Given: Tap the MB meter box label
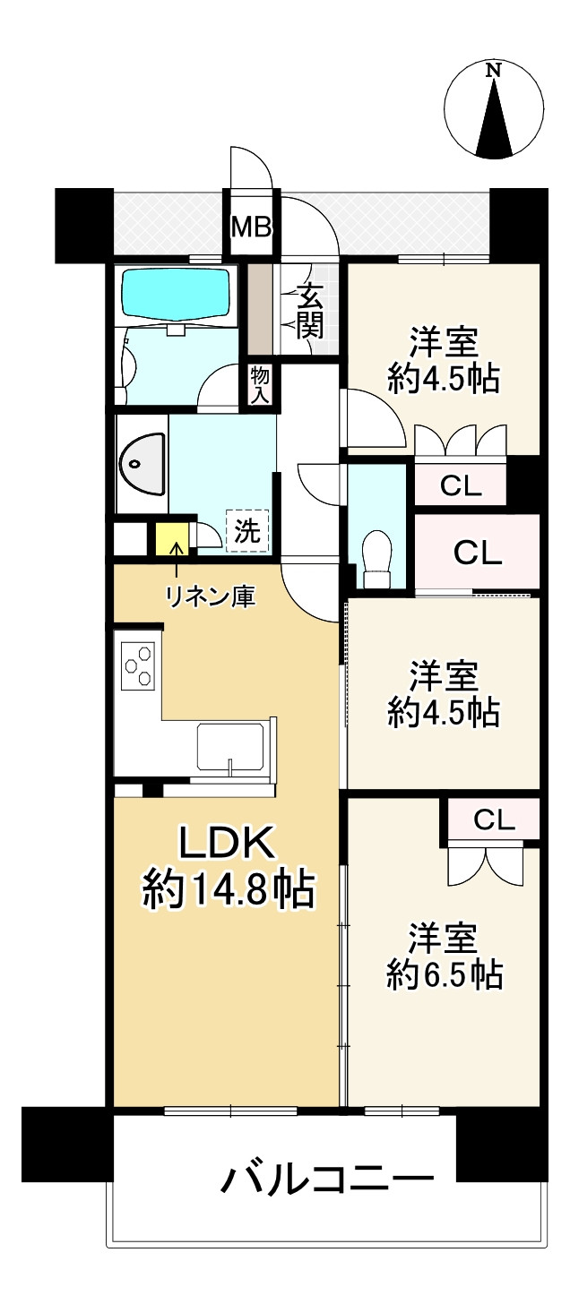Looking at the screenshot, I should pos(252,227).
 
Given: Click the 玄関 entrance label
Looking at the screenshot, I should pos(310,311).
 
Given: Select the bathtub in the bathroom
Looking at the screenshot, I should pos(176,293).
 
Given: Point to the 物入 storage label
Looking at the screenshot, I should pos(260,385).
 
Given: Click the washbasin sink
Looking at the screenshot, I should pos(142,464).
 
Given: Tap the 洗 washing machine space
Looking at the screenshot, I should pos(246,531).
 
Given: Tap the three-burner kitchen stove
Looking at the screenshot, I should pos(138,665).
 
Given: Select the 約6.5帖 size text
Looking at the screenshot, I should pos(443,974).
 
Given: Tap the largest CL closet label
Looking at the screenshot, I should pos(477,553).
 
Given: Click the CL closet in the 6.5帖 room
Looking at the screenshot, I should pos(493,819).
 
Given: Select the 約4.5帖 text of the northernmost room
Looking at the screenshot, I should pos(443,379).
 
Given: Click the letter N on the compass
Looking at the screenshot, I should pos(493,70).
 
